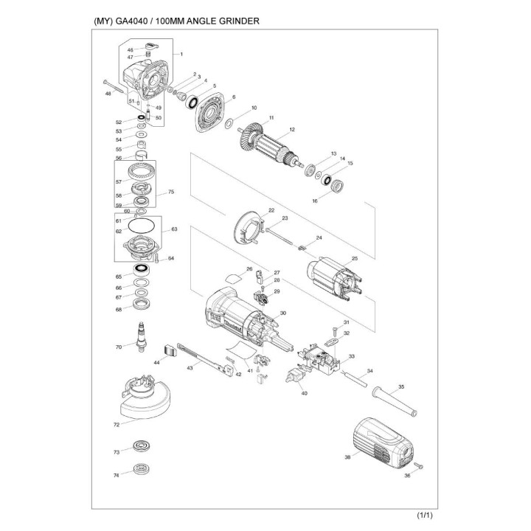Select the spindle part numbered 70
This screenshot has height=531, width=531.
click(139, 341)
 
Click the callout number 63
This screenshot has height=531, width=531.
click(175, 229)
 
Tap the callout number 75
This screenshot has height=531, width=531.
click(170, 192)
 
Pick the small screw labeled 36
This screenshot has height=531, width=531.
click(419, 465)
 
